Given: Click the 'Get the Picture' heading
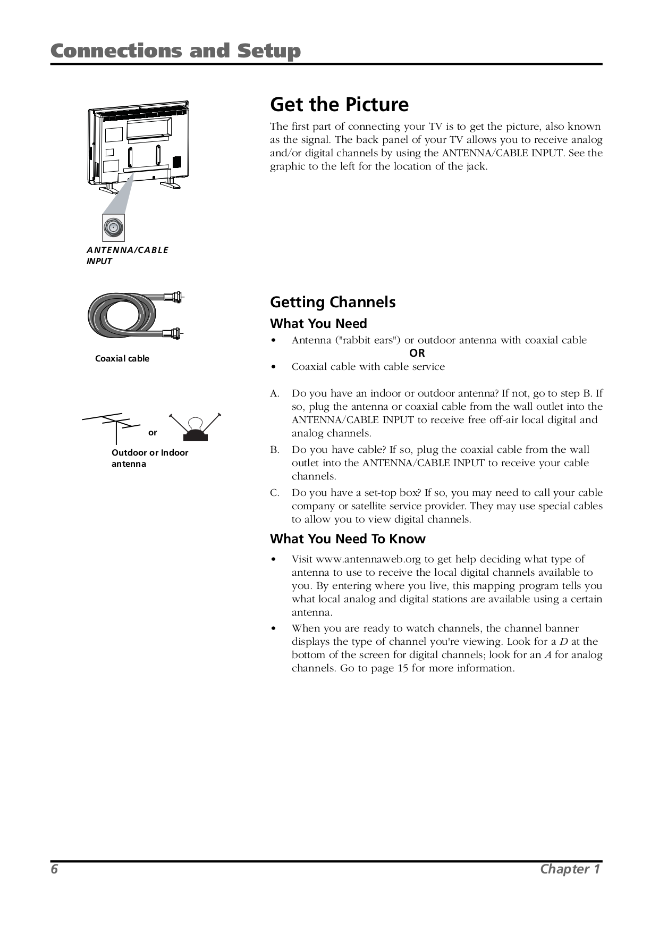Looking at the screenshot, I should (x=339, y=104).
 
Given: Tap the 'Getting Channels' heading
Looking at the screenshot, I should (x=333, y=302).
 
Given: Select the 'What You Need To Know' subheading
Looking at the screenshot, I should (x=348, y=539).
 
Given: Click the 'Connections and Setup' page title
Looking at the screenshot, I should (x=175, y=51).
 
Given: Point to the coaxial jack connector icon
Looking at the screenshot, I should (x=113, y=228).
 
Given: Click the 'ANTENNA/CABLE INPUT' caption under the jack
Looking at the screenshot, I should (x=127, y=255).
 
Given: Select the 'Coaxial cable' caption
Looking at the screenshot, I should (x=122, y=358).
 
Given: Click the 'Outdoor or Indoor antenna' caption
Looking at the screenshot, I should (x=149, y=458).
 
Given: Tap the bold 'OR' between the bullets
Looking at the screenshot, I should (x=417, y=353).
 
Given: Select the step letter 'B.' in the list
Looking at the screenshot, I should (x=274, y=450).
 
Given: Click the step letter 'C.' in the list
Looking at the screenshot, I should (x=274, y=493).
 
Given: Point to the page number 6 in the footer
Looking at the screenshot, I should (x=54, y=869).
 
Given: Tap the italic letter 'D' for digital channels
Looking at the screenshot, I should (x=563, y=642).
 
